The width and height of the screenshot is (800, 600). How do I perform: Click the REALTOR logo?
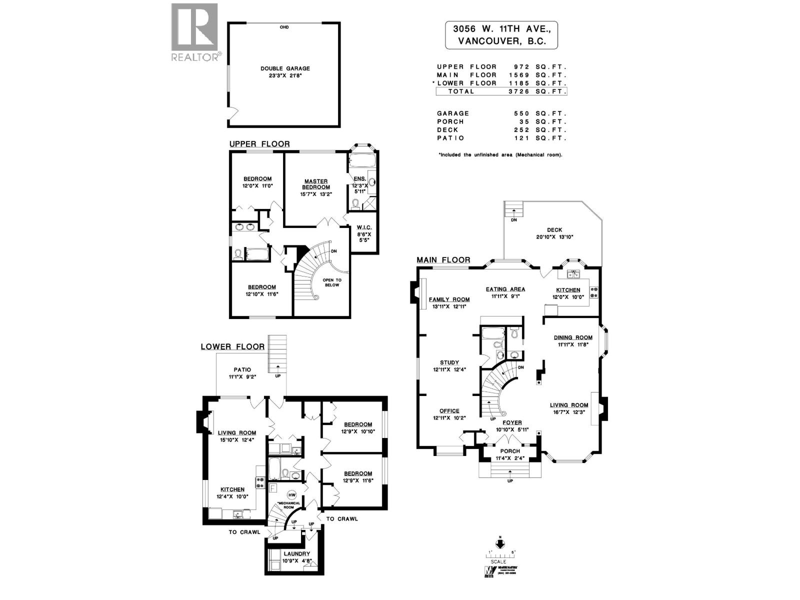pos(194,32)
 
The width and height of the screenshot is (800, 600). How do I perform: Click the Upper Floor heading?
pos(259,144)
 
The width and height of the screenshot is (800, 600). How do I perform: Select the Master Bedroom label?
pos(315,184)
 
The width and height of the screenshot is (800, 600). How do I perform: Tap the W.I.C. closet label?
pos(364,227)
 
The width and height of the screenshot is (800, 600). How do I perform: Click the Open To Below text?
pos(332,282)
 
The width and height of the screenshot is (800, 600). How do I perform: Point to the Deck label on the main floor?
pos(554,230)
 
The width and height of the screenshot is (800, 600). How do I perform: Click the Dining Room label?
pos(572,337)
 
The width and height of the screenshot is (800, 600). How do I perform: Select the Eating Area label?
pos(505,289)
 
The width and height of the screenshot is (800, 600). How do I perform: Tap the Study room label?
pos(449,362)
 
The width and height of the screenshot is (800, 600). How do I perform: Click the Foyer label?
pos(512,422)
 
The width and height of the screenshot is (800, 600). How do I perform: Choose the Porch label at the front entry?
pos(510,451)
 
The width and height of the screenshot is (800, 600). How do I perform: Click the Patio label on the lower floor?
pos(242,370)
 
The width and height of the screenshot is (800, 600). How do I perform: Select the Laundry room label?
pos(297,554)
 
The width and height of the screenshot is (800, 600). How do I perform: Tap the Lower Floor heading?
pos(232,346)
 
